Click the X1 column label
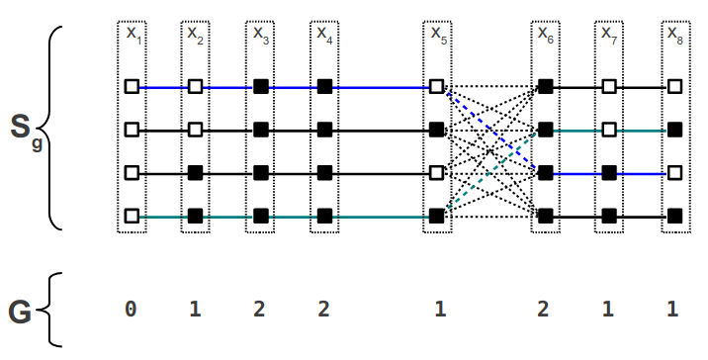(132, 34)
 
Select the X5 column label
(438, 34)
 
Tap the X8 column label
(673, 34)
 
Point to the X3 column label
(260, 34)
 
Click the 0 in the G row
(131, 310)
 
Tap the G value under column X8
(673, 310)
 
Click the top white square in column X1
(132, 87)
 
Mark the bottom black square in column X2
(196, 215)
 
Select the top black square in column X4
(324, 87)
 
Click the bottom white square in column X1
(132, 215)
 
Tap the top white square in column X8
(673, 87)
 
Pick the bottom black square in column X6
(545, 215)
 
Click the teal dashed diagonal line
(490, 172)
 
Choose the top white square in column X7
(609, 87)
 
